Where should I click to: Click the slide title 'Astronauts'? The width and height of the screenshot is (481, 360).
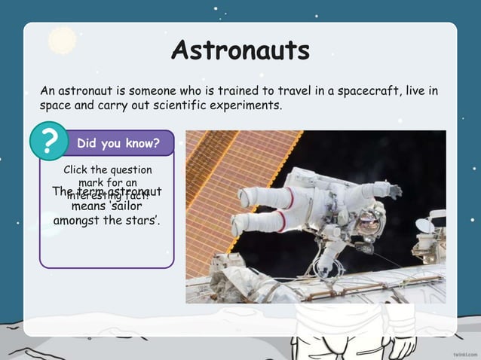pyautogui.click(x=240, y=50)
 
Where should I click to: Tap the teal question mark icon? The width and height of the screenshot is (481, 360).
pyautogui.click(x=49, y=141)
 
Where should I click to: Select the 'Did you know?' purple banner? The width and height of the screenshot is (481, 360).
pyautogui.click(x=118, y=142)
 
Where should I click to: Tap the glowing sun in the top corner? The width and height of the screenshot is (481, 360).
pyautogui.click(x=61, y=38)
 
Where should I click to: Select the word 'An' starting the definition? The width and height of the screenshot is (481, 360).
pyautogui.click(x=47, y=92)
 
